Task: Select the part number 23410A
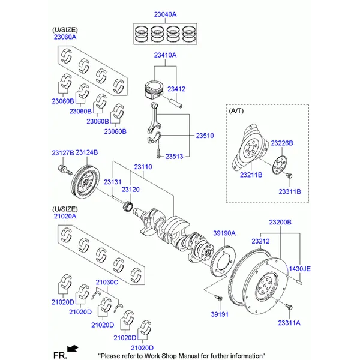(165, 55)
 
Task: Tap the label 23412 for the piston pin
(176, 89)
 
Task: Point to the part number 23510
(205, 136)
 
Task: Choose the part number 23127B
(63, 154)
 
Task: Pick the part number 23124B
(86, 154)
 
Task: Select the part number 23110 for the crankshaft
(143, 166)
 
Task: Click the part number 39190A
(225, 233)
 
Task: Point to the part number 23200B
(280, 222)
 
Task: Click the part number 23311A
(289, 322)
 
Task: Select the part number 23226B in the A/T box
(281, 143)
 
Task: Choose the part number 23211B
(251, 175)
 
